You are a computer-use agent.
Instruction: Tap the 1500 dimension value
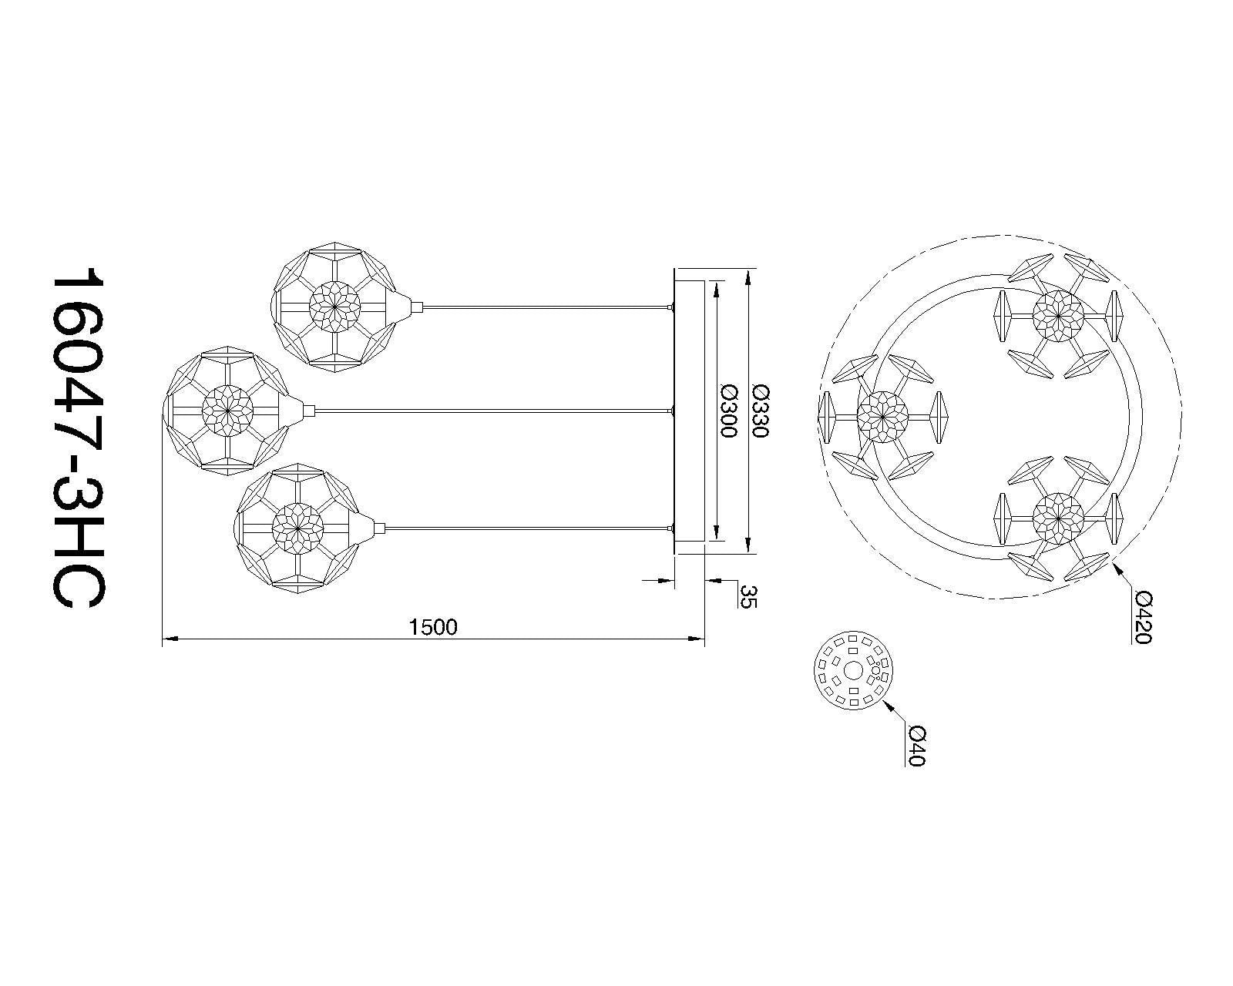point(433,628)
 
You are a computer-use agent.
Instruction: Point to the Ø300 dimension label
point(727,411)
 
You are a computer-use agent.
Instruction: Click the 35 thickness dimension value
point(749,596)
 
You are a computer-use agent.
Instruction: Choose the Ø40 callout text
point(917,746)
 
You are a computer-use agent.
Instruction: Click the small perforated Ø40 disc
point(853,671)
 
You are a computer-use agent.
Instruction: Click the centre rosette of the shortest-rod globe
point(334,307)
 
